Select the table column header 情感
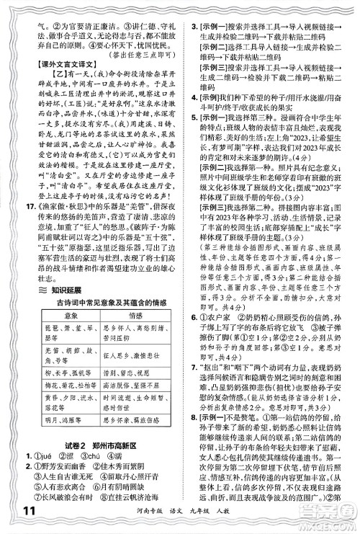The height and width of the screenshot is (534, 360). (x=136, y=315)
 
